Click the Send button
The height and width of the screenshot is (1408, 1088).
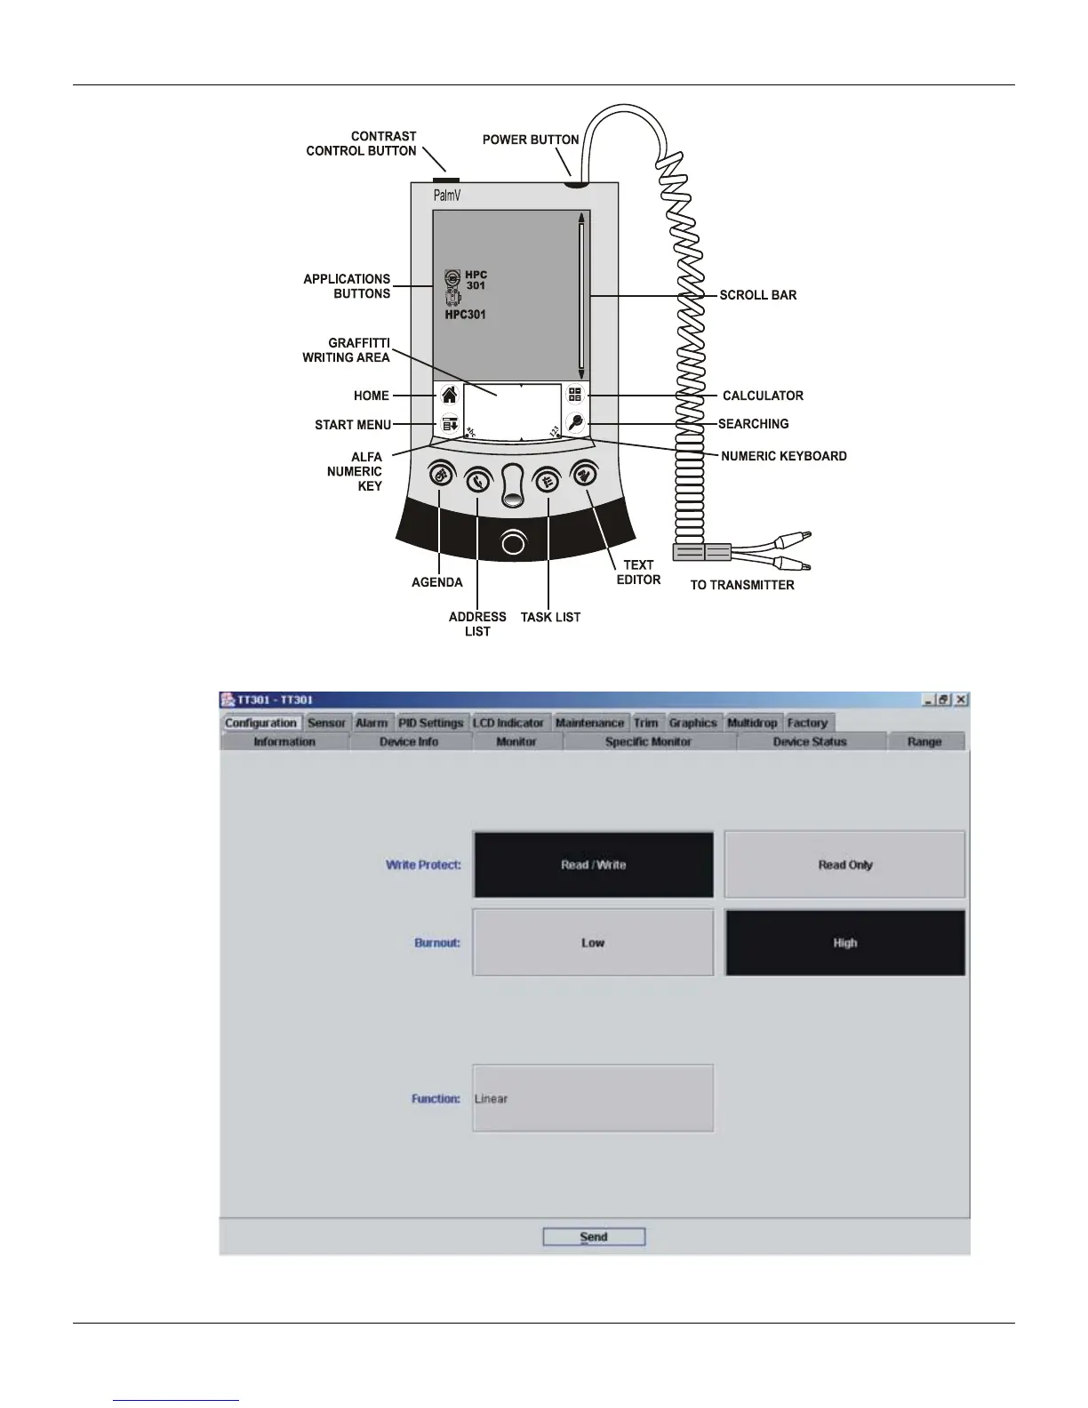[x=594, y=1236]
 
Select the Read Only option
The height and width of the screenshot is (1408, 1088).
[x=844, y=865]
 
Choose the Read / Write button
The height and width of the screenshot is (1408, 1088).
[x=593, y=865]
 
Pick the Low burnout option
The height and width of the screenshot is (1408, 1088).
[x=593, y=943]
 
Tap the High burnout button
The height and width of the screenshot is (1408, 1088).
[x=844, y=943]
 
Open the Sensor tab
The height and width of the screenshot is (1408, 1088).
[x=326, y=723]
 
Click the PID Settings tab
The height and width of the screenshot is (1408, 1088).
[x=431, y=723]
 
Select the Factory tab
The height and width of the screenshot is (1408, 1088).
[x=807, y=723]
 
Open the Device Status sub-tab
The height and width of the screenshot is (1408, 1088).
[x=810, y=741]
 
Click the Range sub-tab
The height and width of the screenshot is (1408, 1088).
[x=924, y=741]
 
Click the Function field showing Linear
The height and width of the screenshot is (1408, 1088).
[x=593, y=1099]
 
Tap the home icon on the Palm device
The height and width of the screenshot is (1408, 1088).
[x=450, y=396]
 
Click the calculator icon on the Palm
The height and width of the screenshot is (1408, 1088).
[x=575, y=395]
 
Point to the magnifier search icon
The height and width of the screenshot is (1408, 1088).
[x=575, y=423]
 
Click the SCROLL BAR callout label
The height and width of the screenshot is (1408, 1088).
[x=757, y=295]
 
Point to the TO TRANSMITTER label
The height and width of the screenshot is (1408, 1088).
[x=742, y=585]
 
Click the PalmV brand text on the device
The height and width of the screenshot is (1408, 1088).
[x=447, y=196]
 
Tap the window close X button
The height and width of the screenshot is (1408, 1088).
[x=961, y=700]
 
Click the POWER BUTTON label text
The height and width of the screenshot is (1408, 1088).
[x=531, y=140]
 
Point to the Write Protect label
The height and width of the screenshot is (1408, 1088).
[x=423, y=865]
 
